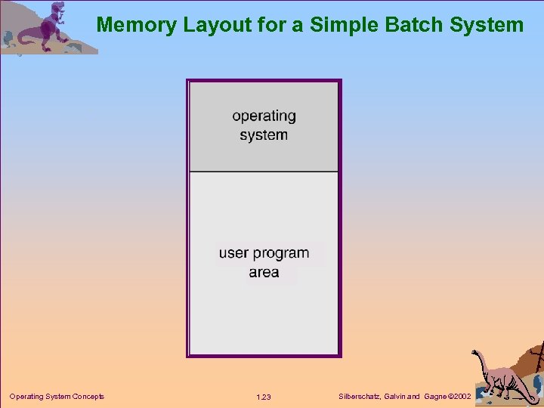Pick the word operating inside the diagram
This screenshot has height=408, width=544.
point(264,116)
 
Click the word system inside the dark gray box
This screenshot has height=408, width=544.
point(264,135)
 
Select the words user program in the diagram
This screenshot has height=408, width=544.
point(264,253)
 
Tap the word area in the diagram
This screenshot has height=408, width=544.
point(264,272)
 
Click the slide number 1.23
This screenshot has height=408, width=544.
point(264,397)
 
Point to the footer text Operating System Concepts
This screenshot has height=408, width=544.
point(57,397)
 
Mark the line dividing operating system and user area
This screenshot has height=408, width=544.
point(264,172)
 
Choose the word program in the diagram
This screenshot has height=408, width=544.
point(281,253)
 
